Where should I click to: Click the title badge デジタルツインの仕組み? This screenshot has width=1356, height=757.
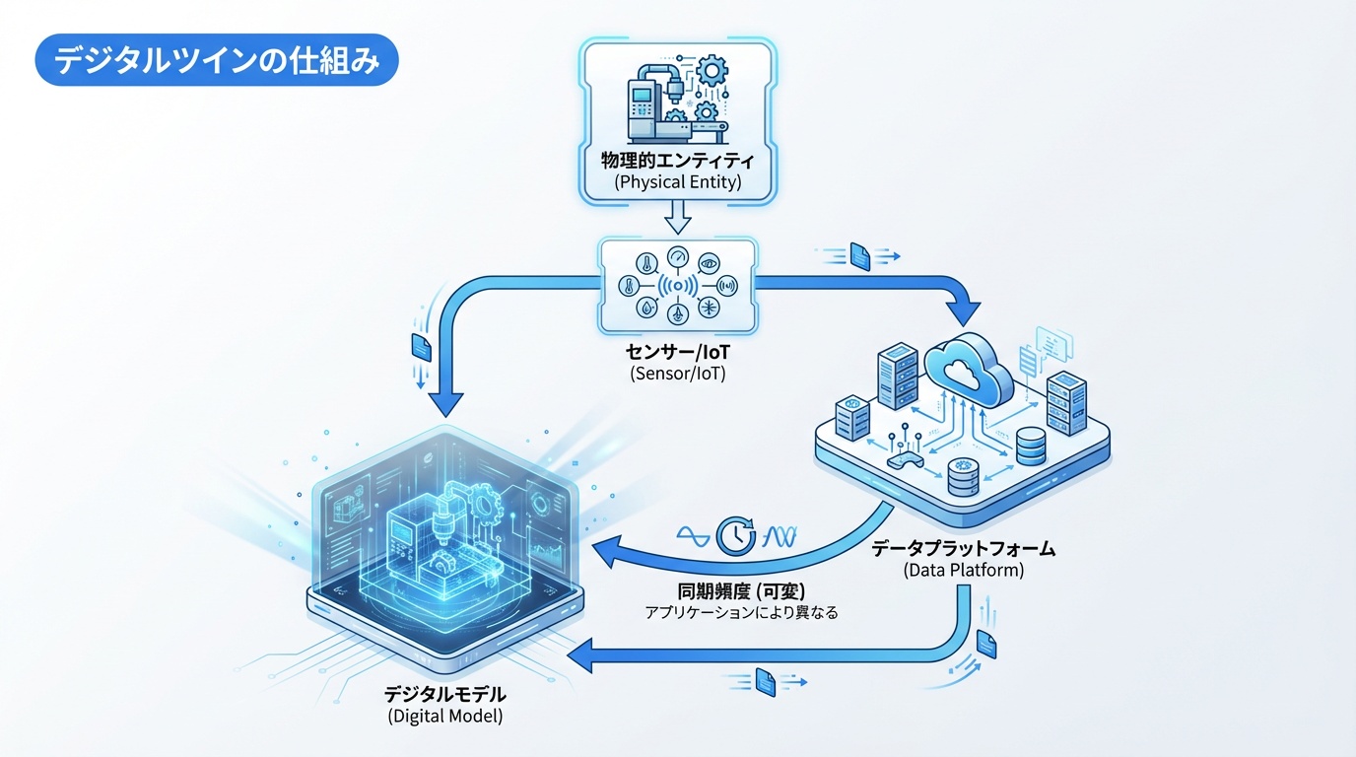pos(216,61)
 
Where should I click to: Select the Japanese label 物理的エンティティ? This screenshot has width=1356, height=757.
pos(677,161)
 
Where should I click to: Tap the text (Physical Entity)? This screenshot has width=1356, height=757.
pos(677,182)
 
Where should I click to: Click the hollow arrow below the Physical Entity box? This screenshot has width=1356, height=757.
pos(677,215)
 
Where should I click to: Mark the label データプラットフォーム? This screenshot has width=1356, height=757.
pos(963,547)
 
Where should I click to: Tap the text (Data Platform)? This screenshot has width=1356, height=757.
pos(963,570)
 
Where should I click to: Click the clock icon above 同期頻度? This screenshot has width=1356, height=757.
pos(734,535)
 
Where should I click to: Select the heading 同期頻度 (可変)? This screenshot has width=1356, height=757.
pos(743,591)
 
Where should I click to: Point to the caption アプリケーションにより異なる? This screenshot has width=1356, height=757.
pos(742,613)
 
